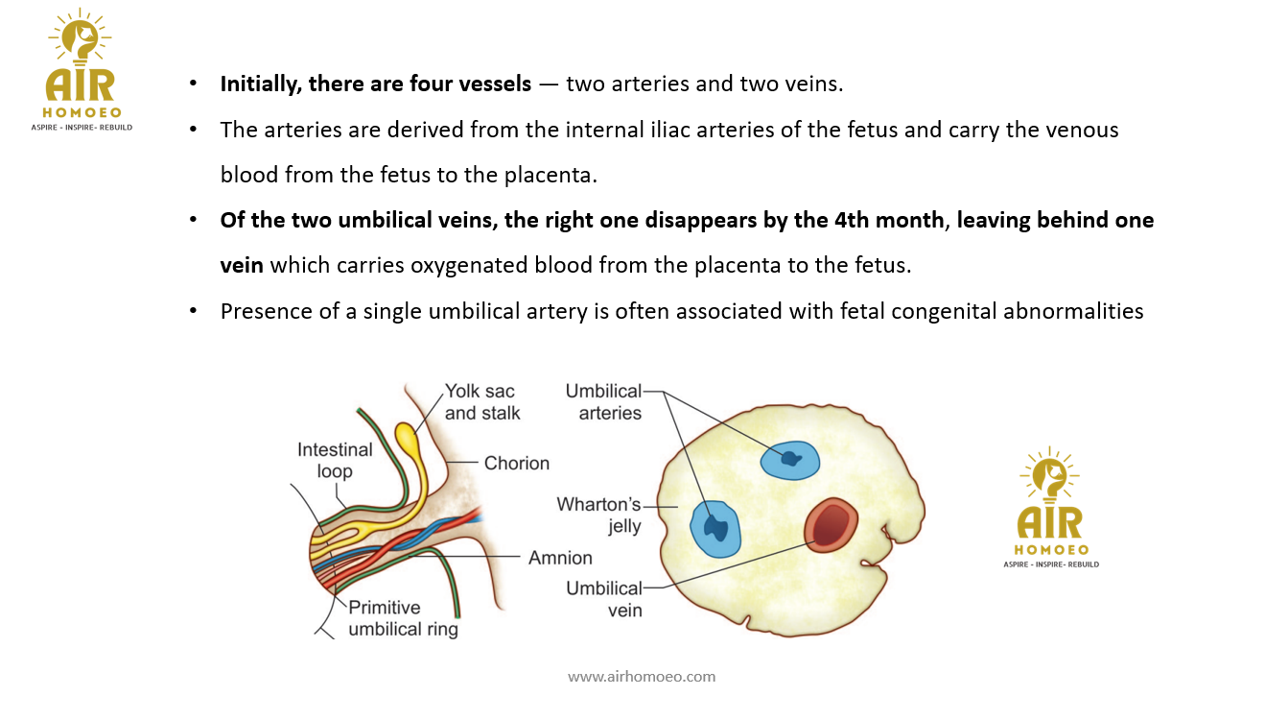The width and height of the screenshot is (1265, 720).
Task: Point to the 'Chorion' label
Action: (516, 463)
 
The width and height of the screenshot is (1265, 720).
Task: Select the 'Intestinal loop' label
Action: (335, 460)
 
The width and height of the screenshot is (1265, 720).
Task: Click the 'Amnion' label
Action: (560, 558)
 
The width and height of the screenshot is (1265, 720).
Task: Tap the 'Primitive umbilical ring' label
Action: (403, 618)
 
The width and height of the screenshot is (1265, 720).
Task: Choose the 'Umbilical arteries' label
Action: (603, 402)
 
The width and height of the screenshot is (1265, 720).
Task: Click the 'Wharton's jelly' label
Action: (598, 515)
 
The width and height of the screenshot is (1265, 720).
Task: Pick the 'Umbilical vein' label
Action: (603, 598)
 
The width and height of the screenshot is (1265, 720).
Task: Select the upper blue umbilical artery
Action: (790, 460)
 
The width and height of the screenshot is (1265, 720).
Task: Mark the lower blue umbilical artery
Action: (716, 527)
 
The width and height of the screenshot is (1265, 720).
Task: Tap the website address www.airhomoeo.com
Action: (642, 676)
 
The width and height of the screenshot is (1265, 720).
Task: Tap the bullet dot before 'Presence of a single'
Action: (194, 311)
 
